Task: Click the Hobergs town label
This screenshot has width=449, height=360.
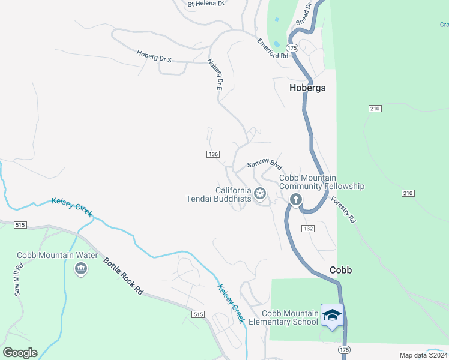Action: click(307, 88)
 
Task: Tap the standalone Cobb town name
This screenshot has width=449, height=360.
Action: click(340, 270)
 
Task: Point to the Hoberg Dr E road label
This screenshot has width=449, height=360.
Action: click(215, 74)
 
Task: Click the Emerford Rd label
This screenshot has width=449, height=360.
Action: click(273, 49)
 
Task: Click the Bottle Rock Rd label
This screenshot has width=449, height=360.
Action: click(124, 275)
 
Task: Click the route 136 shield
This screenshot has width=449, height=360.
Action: click(212, 154)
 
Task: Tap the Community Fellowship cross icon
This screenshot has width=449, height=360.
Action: click(295, 200)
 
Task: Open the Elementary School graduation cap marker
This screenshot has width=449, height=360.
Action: click(332, 314)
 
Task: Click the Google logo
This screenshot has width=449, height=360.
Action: click(20, 353)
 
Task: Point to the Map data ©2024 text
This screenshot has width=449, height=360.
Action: click(423, 355)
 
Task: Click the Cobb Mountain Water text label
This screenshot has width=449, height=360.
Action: click(57, 255)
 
